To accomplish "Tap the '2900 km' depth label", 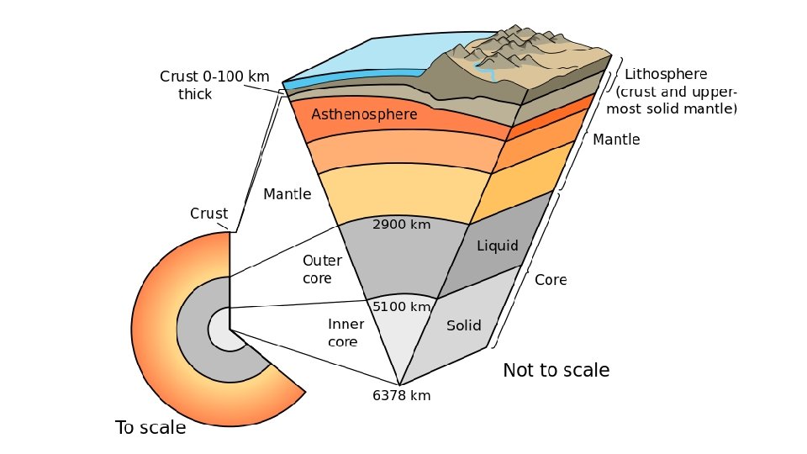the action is [402, 224].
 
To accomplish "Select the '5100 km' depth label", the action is [402, 307].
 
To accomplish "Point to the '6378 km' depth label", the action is [402, 395].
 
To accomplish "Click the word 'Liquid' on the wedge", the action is [498, 246].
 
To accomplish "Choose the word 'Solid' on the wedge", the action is [464, 325].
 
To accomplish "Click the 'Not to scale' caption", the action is [556, 370].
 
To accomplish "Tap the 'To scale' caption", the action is [150, 428].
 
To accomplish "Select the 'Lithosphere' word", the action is [667, 75].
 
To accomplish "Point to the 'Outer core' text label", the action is [322, 269].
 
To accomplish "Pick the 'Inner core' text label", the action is [345, 333].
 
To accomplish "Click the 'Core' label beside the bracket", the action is [551, 280].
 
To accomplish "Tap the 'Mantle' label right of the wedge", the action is [616, 140].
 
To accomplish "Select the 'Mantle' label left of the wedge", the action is [287, 194].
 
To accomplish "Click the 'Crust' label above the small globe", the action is [209, 214].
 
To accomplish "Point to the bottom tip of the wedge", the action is [398, 383].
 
